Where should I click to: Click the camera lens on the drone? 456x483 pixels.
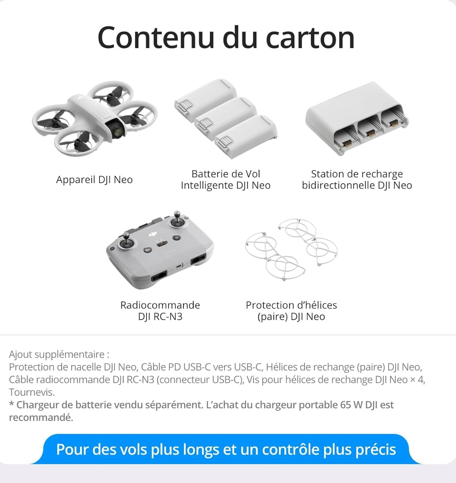point(118,132)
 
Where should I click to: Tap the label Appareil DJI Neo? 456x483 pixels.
point(94,180)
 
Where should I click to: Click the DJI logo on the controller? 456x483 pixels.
point(153,234)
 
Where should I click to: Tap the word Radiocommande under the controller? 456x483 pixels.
point(160,305)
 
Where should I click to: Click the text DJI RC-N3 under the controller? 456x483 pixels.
point(160,317)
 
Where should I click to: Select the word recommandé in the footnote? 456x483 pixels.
point(41,417)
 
